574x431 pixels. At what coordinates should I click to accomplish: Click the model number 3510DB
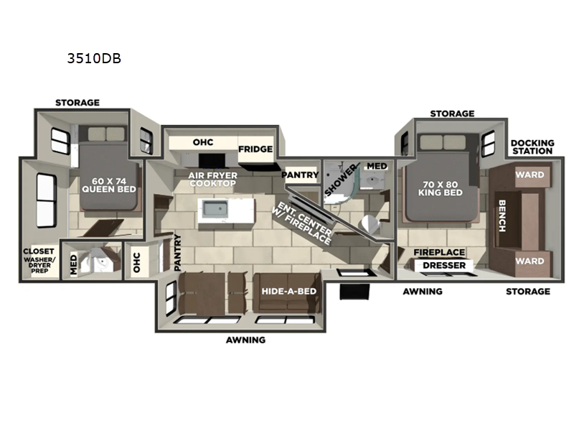point(94,58)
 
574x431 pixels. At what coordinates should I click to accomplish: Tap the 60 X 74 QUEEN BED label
point(109,185)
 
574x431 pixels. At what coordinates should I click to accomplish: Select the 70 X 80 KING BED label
point(441,188)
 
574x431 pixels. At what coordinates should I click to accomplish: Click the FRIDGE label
point(255,149)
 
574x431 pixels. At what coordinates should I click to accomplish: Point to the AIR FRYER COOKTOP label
point(212,179)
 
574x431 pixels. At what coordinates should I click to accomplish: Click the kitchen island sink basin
point(216,208)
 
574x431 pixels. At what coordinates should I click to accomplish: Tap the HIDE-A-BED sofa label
point(289,292)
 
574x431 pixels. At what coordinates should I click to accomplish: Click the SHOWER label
point(339,180)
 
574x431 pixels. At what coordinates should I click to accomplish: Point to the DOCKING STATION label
point(532,147)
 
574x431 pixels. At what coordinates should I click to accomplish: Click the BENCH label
point(502,215)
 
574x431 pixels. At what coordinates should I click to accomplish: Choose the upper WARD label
point(530,175)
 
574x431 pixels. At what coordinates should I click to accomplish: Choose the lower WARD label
point(530,261)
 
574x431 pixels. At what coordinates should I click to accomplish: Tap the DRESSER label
point(444,265)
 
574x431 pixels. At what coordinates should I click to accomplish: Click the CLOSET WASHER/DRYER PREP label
point(39,260)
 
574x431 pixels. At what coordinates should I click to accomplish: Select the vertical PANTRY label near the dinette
point(177,253)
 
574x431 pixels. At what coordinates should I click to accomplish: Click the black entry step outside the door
point(354,292)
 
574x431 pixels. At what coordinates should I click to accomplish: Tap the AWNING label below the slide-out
point(245,340)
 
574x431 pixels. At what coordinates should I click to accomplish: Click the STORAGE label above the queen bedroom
point(77,103)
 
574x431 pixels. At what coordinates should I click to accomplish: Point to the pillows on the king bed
point(443,142)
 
